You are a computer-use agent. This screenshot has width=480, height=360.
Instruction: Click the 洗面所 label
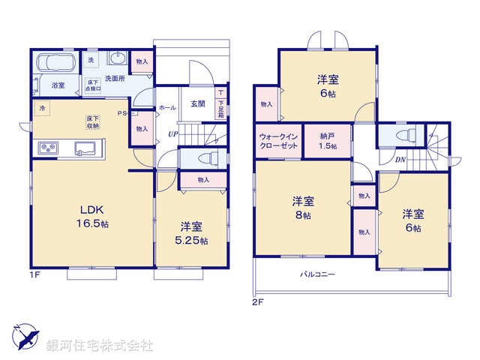pos(114,77)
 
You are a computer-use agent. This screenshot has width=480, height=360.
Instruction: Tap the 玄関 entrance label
pos(197,104)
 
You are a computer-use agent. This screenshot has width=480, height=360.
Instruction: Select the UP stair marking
pos(172,134)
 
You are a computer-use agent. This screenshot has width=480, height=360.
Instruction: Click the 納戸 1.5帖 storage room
pos(327,142)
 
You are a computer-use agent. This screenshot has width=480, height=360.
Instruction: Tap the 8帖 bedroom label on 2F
pos(303,208)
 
